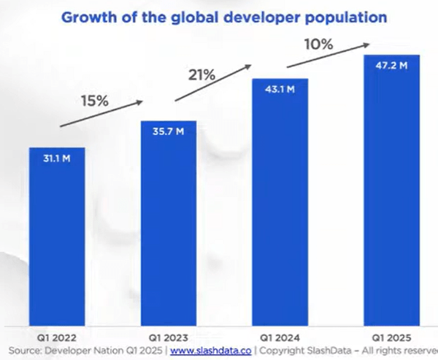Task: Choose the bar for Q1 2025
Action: click(x=392, y=190)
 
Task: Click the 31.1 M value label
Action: click(x=57, y=158)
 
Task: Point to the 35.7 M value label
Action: click(x=168, y=132)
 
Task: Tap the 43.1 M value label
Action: click(x=280, y=89)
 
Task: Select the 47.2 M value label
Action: click(x=392, y=66)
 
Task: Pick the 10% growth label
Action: click(x=319, y=45)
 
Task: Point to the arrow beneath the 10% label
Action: click(x=326, y=56)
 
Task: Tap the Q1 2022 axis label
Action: click(x=57, y=338)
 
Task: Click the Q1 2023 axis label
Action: click(x=168, y=338)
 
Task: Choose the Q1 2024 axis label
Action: click(x=280, y=338)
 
